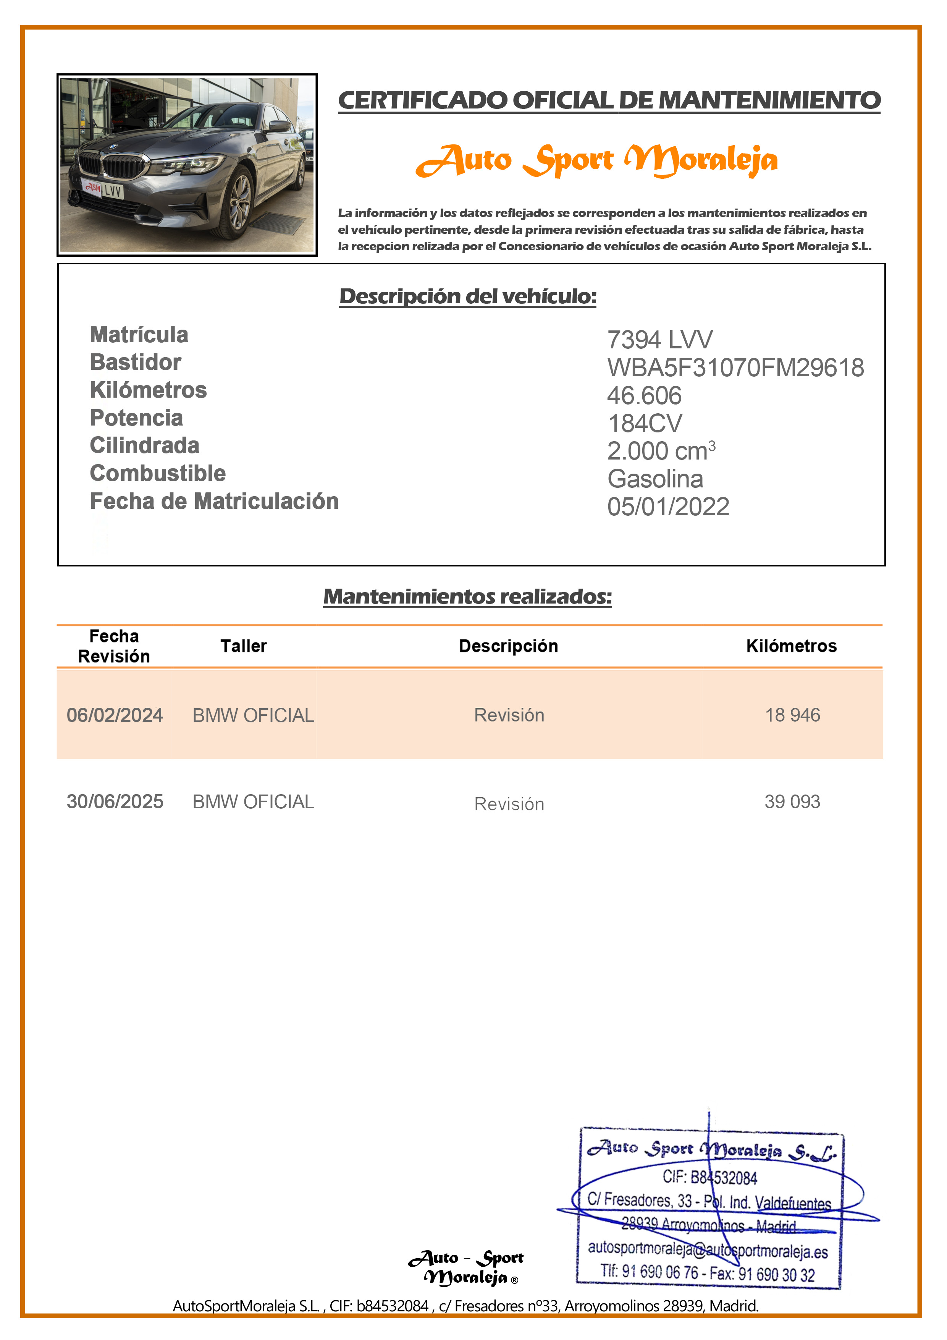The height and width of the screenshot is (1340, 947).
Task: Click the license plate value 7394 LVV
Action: [659, 340]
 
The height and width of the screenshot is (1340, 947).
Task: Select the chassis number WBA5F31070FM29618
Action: [735, 368]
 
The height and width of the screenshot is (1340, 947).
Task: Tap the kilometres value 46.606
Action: [644, 396]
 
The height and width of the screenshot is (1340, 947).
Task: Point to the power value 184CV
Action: [645, 423]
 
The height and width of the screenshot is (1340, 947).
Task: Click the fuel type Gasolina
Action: [655, 479]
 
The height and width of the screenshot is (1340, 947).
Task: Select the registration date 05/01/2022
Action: [668, 507]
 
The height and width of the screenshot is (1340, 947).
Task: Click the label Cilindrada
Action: [145, 445]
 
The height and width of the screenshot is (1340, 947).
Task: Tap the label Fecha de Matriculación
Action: [214, 501]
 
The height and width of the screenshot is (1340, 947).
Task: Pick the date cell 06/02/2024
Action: [115, 715]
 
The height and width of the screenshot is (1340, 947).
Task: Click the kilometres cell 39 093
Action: [792, 801]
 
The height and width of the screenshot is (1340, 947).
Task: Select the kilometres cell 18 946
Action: [792, 715]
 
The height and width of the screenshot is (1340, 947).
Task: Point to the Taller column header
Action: [243, 646]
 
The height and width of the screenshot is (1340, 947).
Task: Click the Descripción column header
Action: [508, 646]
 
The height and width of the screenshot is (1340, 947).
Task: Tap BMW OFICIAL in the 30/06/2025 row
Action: [253, 801]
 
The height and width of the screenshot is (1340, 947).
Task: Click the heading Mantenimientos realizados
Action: [467, 596]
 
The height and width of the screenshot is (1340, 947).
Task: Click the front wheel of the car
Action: [239, 204]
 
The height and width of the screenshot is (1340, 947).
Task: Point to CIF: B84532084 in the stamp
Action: [709, 1177]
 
